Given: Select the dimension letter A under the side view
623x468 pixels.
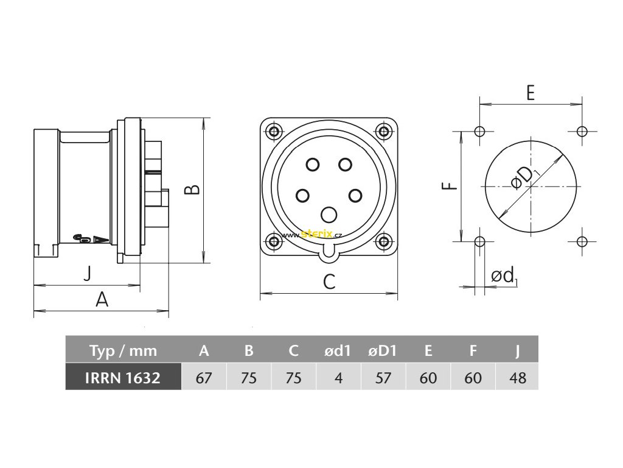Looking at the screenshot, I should point(102,299).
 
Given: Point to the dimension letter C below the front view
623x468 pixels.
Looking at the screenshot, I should point(329,282).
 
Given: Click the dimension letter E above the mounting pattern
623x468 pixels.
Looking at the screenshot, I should point(530,93).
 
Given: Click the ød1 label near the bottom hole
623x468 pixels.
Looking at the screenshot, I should point(504,276).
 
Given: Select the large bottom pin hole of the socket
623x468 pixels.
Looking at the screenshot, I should point(329,214).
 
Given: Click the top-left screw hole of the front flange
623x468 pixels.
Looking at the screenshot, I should point(275,132).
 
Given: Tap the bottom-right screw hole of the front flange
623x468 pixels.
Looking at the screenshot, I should point(383,241).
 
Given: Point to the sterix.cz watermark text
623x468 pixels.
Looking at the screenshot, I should point(313,233).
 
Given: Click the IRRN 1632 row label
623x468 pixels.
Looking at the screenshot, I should point(123,378).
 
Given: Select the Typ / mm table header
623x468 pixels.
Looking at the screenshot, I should point(123,351).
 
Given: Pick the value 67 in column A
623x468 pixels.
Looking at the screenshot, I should point(204,378).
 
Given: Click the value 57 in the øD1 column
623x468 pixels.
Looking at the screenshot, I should point(383,378).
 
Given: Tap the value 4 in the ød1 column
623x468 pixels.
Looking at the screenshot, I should point(338,378).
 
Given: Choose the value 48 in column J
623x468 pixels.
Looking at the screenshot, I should point(518,378).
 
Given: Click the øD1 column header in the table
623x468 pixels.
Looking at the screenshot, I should point(383,351).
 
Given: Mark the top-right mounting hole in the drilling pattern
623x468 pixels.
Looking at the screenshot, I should point(582,131).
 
